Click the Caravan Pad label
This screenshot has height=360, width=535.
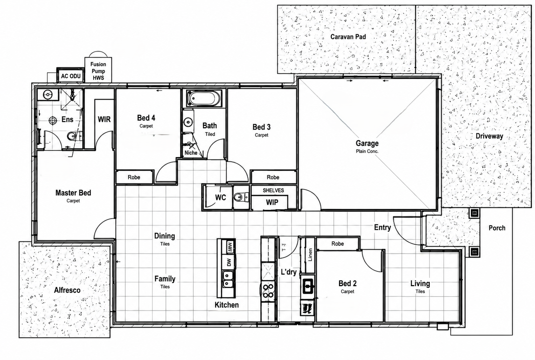point(348,37)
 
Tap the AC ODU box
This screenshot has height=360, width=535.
point(71,76)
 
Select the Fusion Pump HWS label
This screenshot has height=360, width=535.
point(98,71)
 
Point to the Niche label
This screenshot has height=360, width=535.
point(191,153)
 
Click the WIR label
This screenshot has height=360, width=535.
point(104,119)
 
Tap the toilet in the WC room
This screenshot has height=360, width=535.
point(241,197)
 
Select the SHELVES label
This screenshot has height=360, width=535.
point(273,190)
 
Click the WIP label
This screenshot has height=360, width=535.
point(272,203)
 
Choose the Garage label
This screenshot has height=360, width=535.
point(367,143)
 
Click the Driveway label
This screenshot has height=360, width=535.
point(489,136)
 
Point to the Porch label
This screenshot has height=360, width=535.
point(497,228)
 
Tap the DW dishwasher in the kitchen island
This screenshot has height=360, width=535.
point(229,262)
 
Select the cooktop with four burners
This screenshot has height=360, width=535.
point(268,291)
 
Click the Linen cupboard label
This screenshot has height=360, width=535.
point(310,255)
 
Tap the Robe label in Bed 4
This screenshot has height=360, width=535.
point(134,177)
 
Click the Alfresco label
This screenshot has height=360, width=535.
point(67,290)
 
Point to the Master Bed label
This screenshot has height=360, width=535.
point(73,193)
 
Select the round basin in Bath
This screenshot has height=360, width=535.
point(188,122)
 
